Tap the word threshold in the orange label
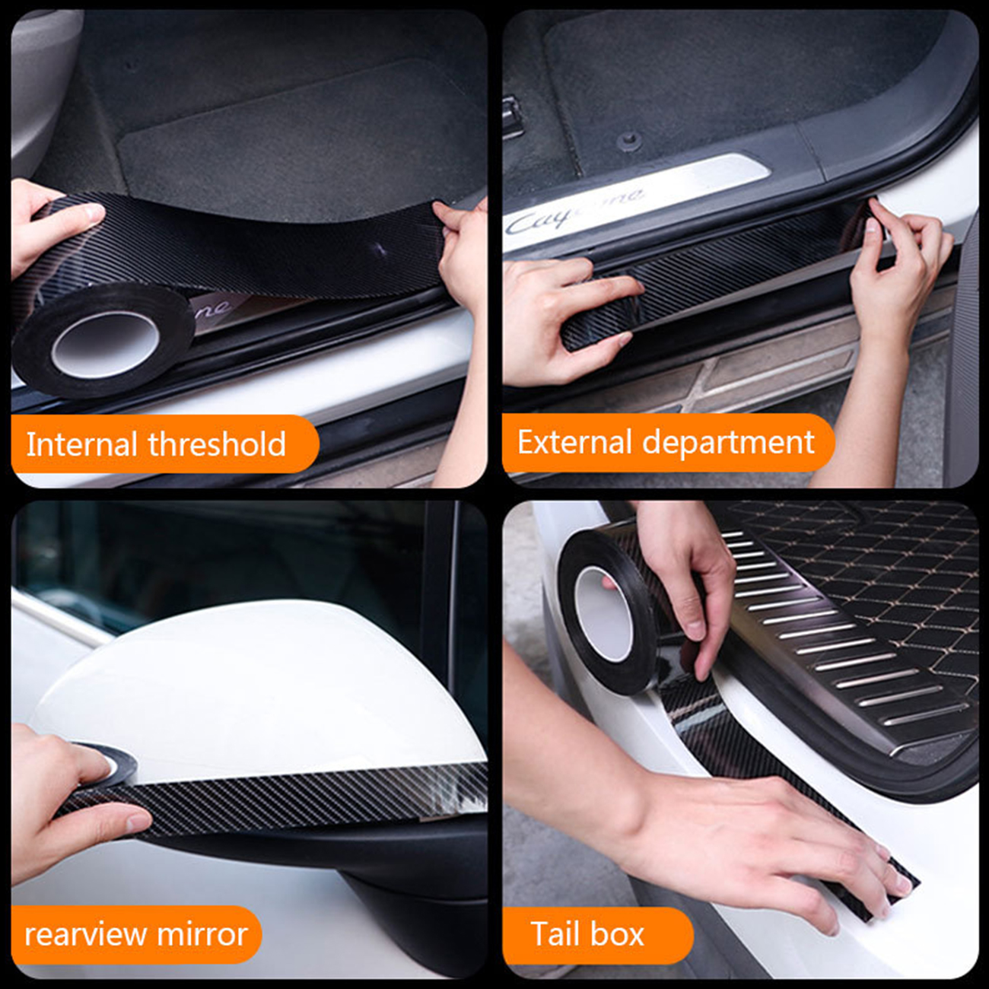coord(217,444)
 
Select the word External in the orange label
coord(574,442)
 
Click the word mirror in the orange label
coord(202,934)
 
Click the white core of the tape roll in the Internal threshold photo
coord(105,343)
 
